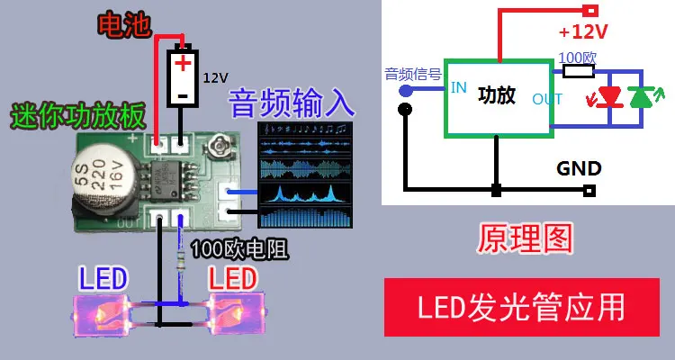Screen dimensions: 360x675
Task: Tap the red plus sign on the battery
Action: (x=184, y=63)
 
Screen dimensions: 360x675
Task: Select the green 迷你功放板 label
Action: (x=76, y=116)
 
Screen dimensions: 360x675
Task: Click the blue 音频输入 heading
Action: (x=292, y=103)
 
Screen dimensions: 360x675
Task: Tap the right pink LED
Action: (x=237, y=309)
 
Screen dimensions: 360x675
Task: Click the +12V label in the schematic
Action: (x=583, y=32)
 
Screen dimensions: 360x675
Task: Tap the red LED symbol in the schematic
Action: (x=611, y=95)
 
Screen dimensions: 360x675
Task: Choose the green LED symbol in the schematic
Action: (x=642, y=95)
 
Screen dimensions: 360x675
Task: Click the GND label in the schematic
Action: (x=579, y=168)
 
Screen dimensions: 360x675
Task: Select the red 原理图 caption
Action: (x=525, y=238)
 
